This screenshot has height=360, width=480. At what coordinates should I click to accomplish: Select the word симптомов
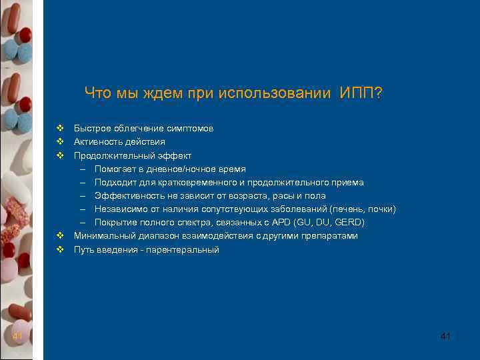189,129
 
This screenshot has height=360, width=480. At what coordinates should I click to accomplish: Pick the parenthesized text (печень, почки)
363,209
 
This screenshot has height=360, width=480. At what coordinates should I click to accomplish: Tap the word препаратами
329,236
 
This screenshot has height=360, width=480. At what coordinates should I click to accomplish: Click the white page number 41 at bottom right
446,337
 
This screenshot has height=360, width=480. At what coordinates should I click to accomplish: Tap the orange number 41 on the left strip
17,337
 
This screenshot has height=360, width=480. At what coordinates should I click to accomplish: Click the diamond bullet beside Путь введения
59,249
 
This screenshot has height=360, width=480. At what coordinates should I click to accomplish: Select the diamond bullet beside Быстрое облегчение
59,128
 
